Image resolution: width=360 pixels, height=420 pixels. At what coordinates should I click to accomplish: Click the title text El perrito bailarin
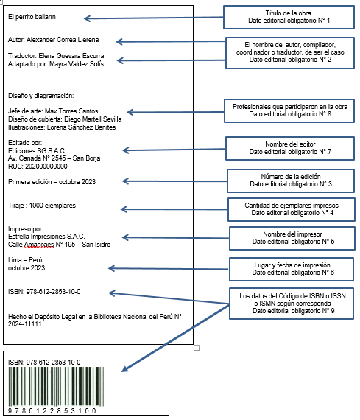(x=32, y=17)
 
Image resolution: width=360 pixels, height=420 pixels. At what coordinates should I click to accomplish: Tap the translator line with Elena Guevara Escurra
(x=56, y=56)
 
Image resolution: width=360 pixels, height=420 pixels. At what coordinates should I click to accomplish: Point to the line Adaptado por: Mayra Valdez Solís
(x=56, y=64)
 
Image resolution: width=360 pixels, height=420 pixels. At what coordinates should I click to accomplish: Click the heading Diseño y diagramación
(x=41, y=96)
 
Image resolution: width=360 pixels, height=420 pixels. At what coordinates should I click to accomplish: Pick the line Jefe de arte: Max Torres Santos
(x=53, y=111)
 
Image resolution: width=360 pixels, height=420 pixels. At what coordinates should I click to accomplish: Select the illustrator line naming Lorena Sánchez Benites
(x=62, y=127)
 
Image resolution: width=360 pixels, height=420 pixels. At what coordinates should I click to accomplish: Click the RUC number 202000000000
(x=46, y=167)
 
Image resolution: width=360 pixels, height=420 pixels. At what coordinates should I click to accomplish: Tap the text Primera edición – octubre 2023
(x=52, y=182)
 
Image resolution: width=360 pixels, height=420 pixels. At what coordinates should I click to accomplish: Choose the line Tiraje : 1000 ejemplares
(x=42, y=206)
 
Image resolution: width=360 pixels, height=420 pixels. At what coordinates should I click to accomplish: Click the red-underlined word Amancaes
(x=39, y=245)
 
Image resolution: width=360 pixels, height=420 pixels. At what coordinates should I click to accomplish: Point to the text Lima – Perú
(x=25, y=260)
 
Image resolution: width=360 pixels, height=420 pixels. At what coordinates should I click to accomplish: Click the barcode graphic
(x=56, y=387)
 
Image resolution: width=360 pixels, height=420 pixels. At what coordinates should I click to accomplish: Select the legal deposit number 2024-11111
(x=24, y=324)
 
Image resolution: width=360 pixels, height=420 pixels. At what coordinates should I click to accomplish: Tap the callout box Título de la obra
(x=289, y=18)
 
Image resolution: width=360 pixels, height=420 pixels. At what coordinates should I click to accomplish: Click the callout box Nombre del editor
(x=290, y=148)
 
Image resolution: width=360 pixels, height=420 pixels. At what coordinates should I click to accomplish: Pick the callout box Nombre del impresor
(x=292, y=238)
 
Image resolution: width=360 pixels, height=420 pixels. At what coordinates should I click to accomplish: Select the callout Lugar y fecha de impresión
(x=292, y=269)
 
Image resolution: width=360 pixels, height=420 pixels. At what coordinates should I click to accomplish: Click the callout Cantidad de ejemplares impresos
(x=292, y=209)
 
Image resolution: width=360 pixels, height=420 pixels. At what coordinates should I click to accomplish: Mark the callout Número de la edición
(x=291, y=181)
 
